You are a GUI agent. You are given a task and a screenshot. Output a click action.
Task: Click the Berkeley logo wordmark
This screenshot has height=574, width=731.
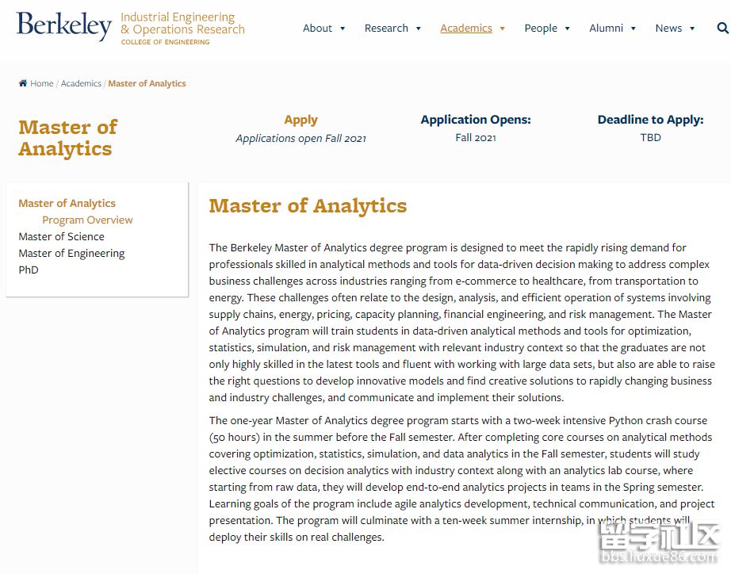[63, 26]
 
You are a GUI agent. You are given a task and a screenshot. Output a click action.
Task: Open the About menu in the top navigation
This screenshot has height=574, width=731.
[318, 29]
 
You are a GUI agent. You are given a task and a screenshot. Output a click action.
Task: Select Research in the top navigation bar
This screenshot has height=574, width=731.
[386, 29]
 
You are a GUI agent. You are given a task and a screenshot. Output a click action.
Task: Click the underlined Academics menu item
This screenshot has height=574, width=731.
[466, 29]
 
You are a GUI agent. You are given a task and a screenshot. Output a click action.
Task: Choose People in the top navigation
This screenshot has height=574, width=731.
[541, 29]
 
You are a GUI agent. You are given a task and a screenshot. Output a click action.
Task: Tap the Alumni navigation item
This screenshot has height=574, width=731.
[607, 29]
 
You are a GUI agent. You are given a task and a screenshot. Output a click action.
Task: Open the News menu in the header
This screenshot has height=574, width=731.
[668, 29]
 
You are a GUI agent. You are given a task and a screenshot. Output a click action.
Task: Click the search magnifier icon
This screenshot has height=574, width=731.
[722, 29]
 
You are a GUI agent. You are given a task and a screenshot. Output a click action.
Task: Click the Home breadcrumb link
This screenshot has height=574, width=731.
[42, 83]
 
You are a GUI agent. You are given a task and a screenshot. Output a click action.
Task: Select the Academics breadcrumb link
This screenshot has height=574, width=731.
[81, 83]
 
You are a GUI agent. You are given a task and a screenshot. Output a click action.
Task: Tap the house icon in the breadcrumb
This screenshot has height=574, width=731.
[23, 83]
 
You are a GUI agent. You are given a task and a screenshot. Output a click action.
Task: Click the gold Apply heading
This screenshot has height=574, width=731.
[300, 120]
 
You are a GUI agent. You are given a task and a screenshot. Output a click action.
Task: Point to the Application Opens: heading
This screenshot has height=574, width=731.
[476, 120]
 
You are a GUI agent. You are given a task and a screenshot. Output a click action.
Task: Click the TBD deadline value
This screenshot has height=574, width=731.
[650, 137]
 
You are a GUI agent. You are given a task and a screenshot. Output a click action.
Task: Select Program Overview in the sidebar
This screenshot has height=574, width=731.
[87, 220]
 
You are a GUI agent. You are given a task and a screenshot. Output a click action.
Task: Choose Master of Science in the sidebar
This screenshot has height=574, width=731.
[61, 236]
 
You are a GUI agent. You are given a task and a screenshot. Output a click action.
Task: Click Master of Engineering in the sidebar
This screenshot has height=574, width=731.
[71, 253]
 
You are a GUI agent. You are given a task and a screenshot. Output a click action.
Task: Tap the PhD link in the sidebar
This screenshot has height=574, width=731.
[29, 270]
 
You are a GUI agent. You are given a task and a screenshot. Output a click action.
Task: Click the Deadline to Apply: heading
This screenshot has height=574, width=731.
[650, 120]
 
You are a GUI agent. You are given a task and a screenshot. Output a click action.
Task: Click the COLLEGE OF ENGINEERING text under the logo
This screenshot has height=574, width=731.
[165, 42]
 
